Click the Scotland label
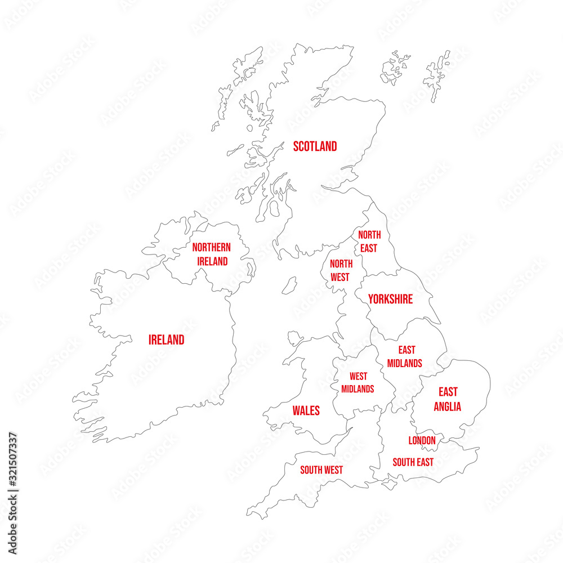click(x=315, y=146)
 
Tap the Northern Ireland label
click(x=212, y=254)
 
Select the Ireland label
click(x=166, y=340)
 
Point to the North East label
click(x=369, y=242)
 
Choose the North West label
click(x=341, y=270)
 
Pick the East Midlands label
click(x=405, y=357)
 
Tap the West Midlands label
click(x=358, y=382)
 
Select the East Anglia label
click(x=448, y=399)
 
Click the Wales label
click(x=306, y=410)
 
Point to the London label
click(x=422, y=440)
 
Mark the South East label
click(x=413, y=462)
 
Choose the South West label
click(x=321, y=470)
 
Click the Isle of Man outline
click(x=289, y=285)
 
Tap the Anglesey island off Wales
click(x=295, y=339)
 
